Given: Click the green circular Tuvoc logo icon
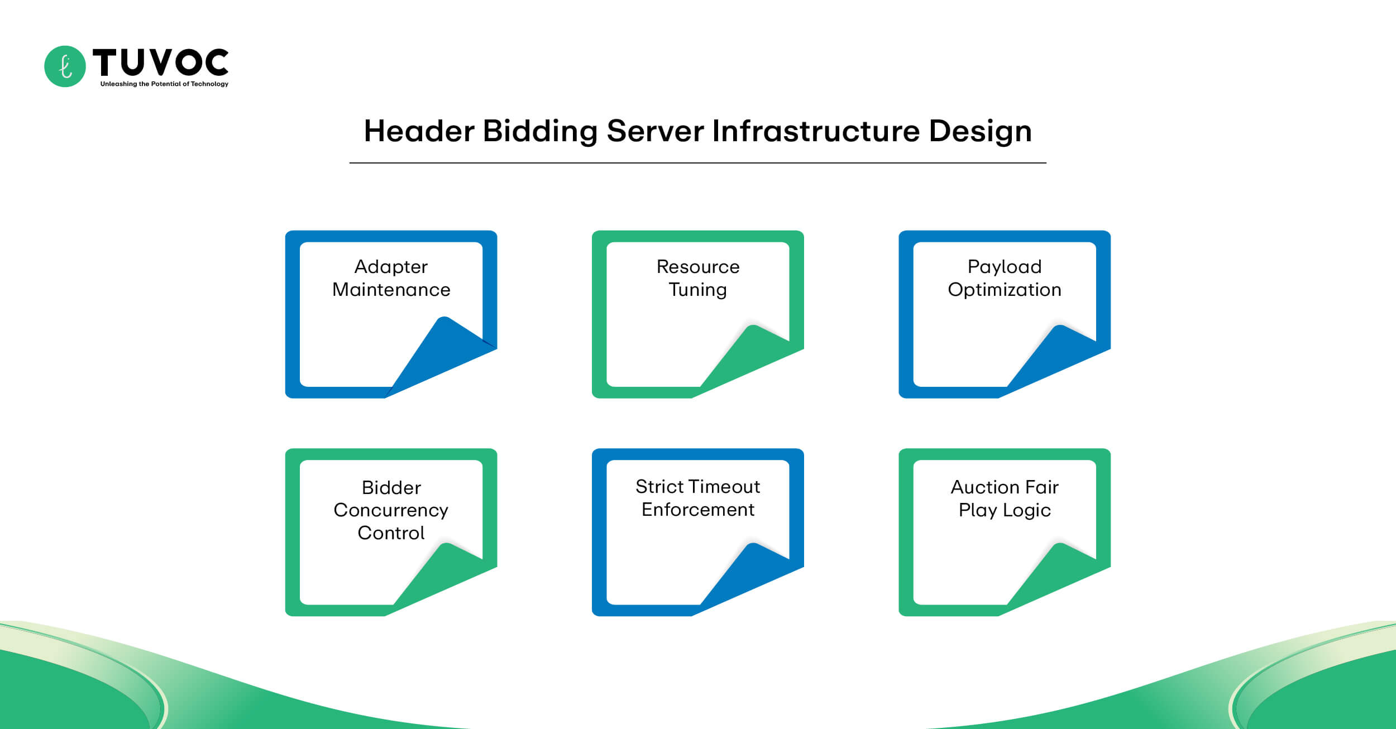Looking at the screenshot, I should pos(65,66).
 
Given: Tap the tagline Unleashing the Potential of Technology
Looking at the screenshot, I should pos(164,84).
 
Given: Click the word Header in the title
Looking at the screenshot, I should pos(419,131).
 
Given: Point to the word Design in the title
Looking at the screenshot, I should pos(980,132).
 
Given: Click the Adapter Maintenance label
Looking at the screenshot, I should pos(391,278).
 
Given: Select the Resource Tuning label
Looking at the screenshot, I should pos(697,278).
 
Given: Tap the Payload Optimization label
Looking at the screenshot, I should pos(1004,278).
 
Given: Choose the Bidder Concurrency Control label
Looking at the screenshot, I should pos(391,510).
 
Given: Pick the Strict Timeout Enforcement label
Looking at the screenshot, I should pos(697,498).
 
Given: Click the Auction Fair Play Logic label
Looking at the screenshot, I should pos(1004,498).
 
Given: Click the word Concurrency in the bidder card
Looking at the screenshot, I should pos(391,510).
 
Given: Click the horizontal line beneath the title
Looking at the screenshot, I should pos(697,163).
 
